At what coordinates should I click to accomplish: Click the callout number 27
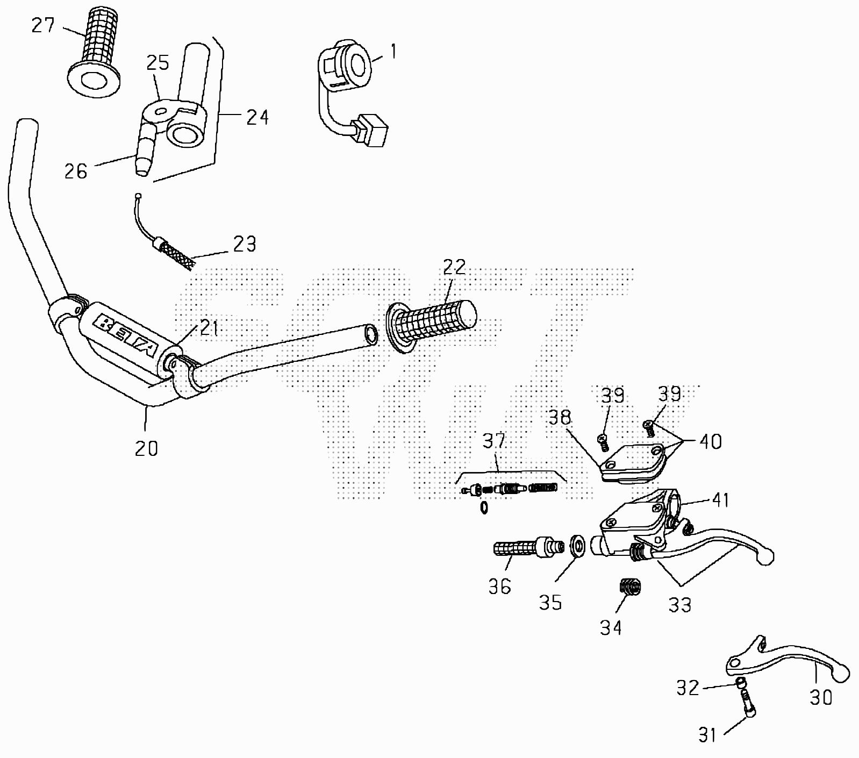43,25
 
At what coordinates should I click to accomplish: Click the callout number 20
146,448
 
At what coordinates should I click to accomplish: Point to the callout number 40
710,441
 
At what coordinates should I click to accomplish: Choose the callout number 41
720,500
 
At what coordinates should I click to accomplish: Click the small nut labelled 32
741,683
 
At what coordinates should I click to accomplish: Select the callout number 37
493,441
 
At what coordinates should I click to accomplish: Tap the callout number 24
257,117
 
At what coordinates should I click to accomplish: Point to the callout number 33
679,605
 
